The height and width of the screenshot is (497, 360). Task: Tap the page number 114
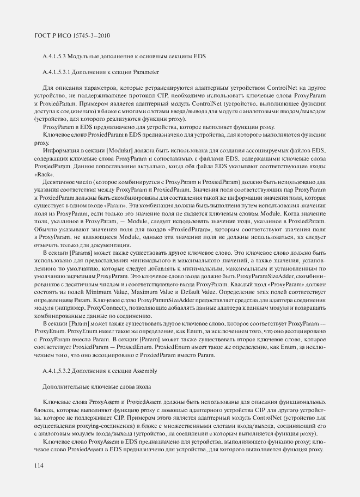pos(39,465)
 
